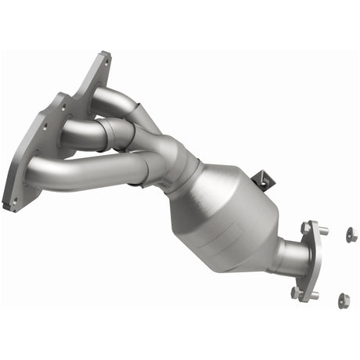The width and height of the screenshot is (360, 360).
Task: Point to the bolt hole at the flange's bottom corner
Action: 13,201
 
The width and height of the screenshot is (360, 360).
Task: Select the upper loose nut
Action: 350,233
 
